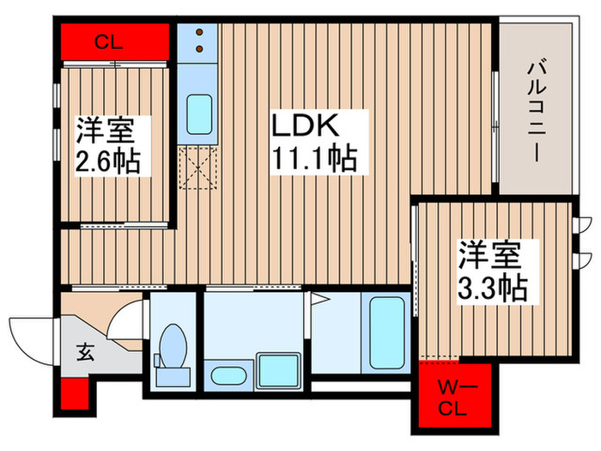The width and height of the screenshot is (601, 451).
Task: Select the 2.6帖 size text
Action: tap(109, 161)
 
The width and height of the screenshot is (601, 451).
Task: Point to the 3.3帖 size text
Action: tap(492, 288)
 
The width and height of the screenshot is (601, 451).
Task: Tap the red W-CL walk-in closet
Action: tap(455, 397)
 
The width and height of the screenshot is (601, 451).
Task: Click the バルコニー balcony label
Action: tap(534, 107)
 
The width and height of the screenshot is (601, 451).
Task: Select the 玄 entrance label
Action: tap(88, 351)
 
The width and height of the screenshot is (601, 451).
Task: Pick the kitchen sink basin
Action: tap(199, 112)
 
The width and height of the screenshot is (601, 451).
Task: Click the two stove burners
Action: tap(199, 40)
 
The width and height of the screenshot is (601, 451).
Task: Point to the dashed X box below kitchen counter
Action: tap(199, 167)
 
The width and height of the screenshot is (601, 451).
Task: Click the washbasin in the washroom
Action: tap(228, 375)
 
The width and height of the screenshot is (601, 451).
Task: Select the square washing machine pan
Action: tap(277, 369)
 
